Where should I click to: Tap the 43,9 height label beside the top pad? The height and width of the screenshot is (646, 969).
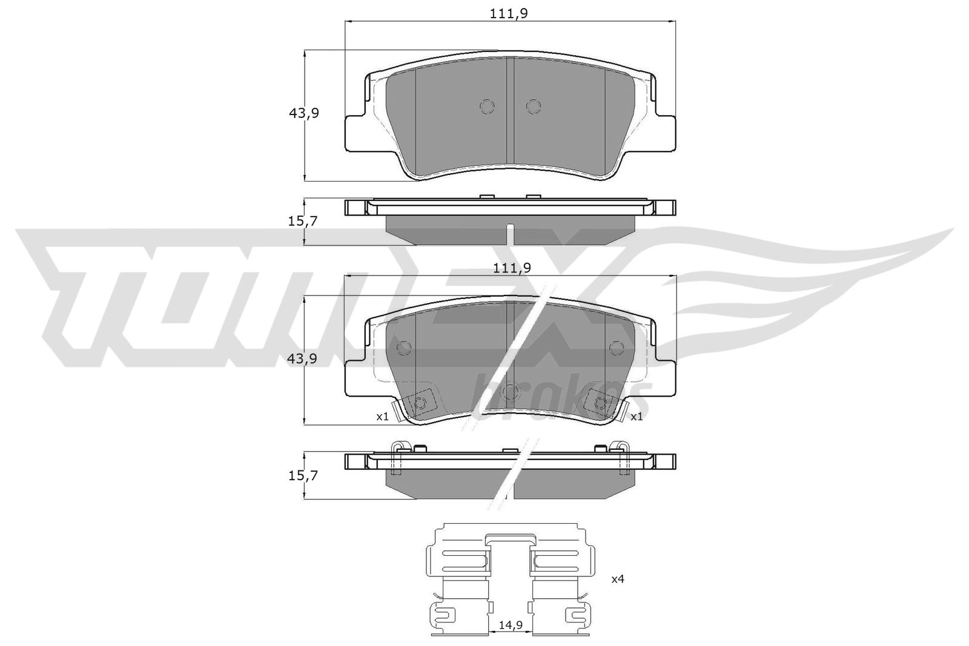[303, 113]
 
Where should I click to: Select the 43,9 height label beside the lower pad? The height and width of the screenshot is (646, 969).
[303, 358]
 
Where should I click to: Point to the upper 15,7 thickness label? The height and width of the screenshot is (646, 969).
[303, 222]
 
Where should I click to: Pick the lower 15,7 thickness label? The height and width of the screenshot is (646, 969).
[303, 475]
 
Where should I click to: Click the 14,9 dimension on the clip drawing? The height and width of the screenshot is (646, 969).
[509, 625]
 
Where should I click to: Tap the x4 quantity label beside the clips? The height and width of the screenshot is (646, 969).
[617, 579]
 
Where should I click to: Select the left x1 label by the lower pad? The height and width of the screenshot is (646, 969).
[382, 417]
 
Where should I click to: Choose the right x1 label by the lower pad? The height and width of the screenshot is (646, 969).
[637, 417]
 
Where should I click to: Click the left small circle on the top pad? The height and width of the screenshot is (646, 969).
[487, 107]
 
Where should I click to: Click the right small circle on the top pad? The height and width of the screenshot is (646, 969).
[532, 107]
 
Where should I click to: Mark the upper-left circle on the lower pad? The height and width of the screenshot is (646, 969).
[403, 348]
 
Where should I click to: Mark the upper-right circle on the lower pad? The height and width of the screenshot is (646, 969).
[616, 348]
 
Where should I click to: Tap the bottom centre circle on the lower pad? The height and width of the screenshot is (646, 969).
[510, 392]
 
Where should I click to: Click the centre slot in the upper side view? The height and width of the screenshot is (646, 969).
[510, 234]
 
